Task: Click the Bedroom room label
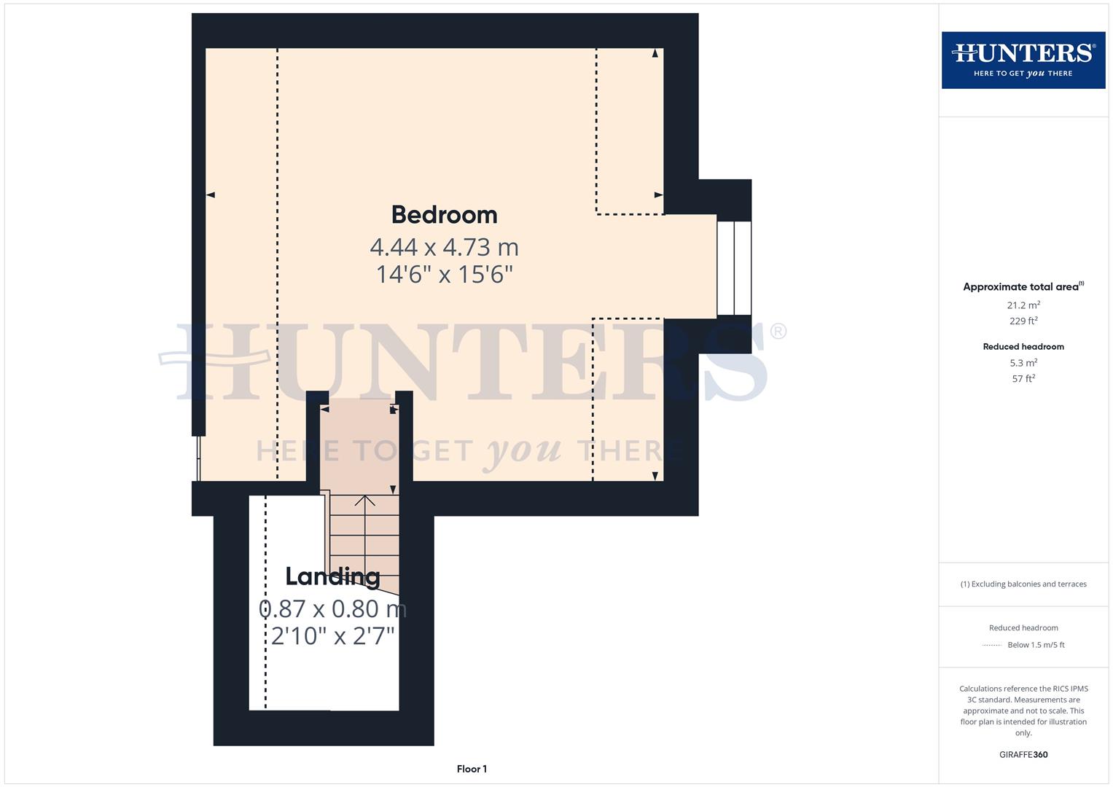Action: point(444,215)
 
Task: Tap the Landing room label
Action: point(332,576)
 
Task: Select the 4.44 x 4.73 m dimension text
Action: point(444,247)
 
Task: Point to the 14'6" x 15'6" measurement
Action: point(444,275)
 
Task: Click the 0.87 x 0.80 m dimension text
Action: point(332,608)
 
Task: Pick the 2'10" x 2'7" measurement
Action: point(332,636)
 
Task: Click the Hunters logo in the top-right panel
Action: point(1023,60)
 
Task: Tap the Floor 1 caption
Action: point(472,769)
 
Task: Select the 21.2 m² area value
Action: point(1023,305)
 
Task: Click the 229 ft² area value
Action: point(1023,321)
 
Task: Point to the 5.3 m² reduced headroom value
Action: point(1023,363)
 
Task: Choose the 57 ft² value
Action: point(1023,379)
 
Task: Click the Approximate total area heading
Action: point(1023,287)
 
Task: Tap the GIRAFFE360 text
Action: point(1023,755)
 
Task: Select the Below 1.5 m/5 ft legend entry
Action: point(1035,645)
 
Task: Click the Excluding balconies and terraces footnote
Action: point(1023,584)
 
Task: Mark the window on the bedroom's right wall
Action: point(734,268)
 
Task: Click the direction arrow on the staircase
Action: point(364,501)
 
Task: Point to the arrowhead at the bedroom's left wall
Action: point(211,195)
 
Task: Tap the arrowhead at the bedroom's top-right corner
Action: point(655,53)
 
